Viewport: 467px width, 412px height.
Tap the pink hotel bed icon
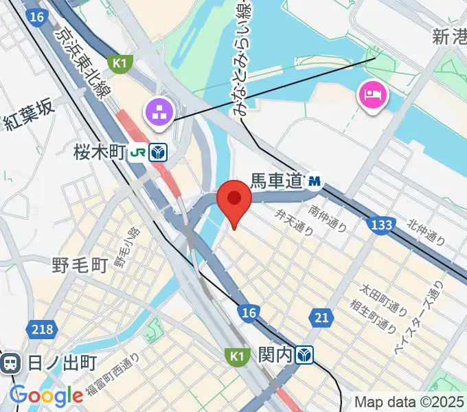click(x=372, y=94)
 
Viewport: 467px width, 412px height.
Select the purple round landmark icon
click(x=159, y=112)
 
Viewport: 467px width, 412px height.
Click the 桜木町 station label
click(x=99, y=153)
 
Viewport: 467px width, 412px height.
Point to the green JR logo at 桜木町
click(x=137, y=153)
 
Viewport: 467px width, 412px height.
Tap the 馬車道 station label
click(x=276, y=181)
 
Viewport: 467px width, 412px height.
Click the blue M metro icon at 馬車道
click(x=315, y=181)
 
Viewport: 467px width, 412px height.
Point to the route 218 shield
click(x=42, y=330)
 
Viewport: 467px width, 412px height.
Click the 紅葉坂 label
click(x=28, y=122)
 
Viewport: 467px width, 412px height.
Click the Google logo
click(x=46, y=395)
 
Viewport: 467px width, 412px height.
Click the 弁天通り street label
click(x=295, y=223)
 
